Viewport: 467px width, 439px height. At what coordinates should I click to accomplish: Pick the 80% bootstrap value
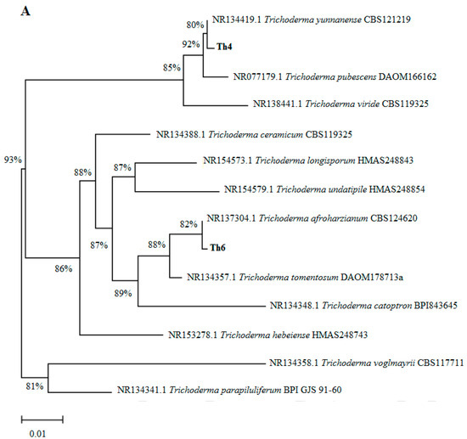pos(194,25)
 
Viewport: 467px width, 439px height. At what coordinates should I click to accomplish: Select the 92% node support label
pos(188,42)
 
